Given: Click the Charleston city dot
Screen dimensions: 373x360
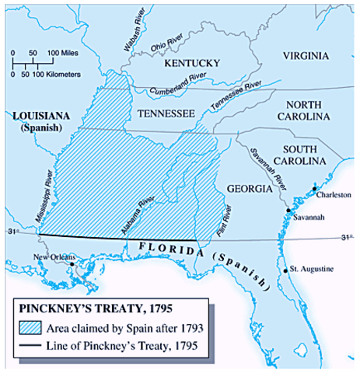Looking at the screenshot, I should point(314,189).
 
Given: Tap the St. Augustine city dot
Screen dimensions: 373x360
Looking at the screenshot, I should point(287,270).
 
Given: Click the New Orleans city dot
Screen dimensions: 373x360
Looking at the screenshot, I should point(72,263).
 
